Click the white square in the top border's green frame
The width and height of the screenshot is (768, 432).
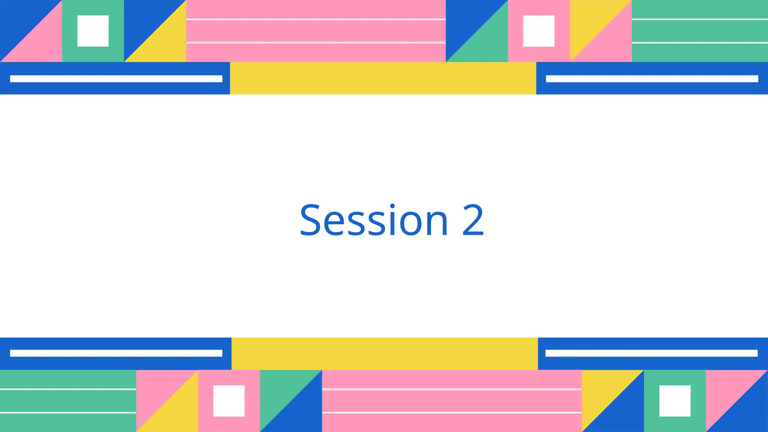(x=93, y=31)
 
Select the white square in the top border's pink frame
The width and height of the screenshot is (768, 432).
(x=538, y=31)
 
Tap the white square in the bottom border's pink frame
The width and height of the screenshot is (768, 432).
(x=229, y=401)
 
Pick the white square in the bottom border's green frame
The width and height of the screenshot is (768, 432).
(x=675, y=401)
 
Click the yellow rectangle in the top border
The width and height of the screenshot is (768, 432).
(x=383, y=78)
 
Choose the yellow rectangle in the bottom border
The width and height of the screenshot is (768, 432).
(x=384, y=353)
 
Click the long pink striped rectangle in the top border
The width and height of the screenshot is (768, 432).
(x=316, y=31)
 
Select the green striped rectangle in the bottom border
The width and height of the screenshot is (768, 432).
(x=68, y=401)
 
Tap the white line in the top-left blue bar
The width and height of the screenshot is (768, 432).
(x=116, y=79)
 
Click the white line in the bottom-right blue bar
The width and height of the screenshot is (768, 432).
(x=651, y=353)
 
